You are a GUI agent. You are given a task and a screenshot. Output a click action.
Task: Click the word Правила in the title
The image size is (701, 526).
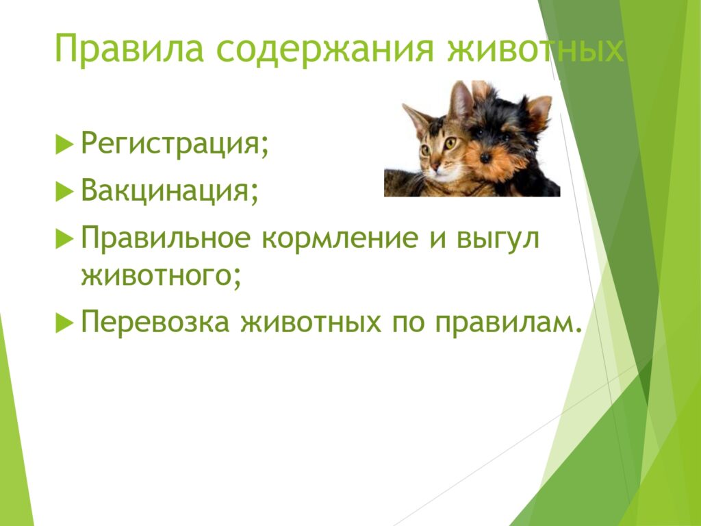coord(129,48)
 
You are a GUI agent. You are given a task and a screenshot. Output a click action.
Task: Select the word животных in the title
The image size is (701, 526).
coord(535,48)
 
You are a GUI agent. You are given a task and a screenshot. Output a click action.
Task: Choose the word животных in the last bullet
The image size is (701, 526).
coord(311,322)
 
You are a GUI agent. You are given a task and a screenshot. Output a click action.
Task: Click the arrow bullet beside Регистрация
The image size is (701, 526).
coord(64,145)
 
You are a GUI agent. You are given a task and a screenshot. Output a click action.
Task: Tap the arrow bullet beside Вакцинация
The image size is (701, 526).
coord(64,192)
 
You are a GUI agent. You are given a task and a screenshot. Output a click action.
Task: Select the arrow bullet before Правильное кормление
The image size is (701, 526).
coord(64,239)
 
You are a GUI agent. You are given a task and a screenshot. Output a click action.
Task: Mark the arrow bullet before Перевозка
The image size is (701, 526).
coord(64,323)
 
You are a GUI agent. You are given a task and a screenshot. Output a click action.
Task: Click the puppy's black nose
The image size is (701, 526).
coord(485,158)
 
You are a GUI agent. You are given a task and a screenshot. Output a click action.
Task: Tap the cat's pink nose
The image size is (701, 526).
coord(435,166)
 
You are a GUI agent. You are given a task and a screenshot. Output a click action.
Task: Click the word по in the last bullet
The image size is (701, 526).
coord(408,322)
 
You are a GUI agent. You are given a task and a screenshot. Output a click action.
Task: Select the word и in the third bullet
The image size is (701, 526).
coord(437,239)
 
